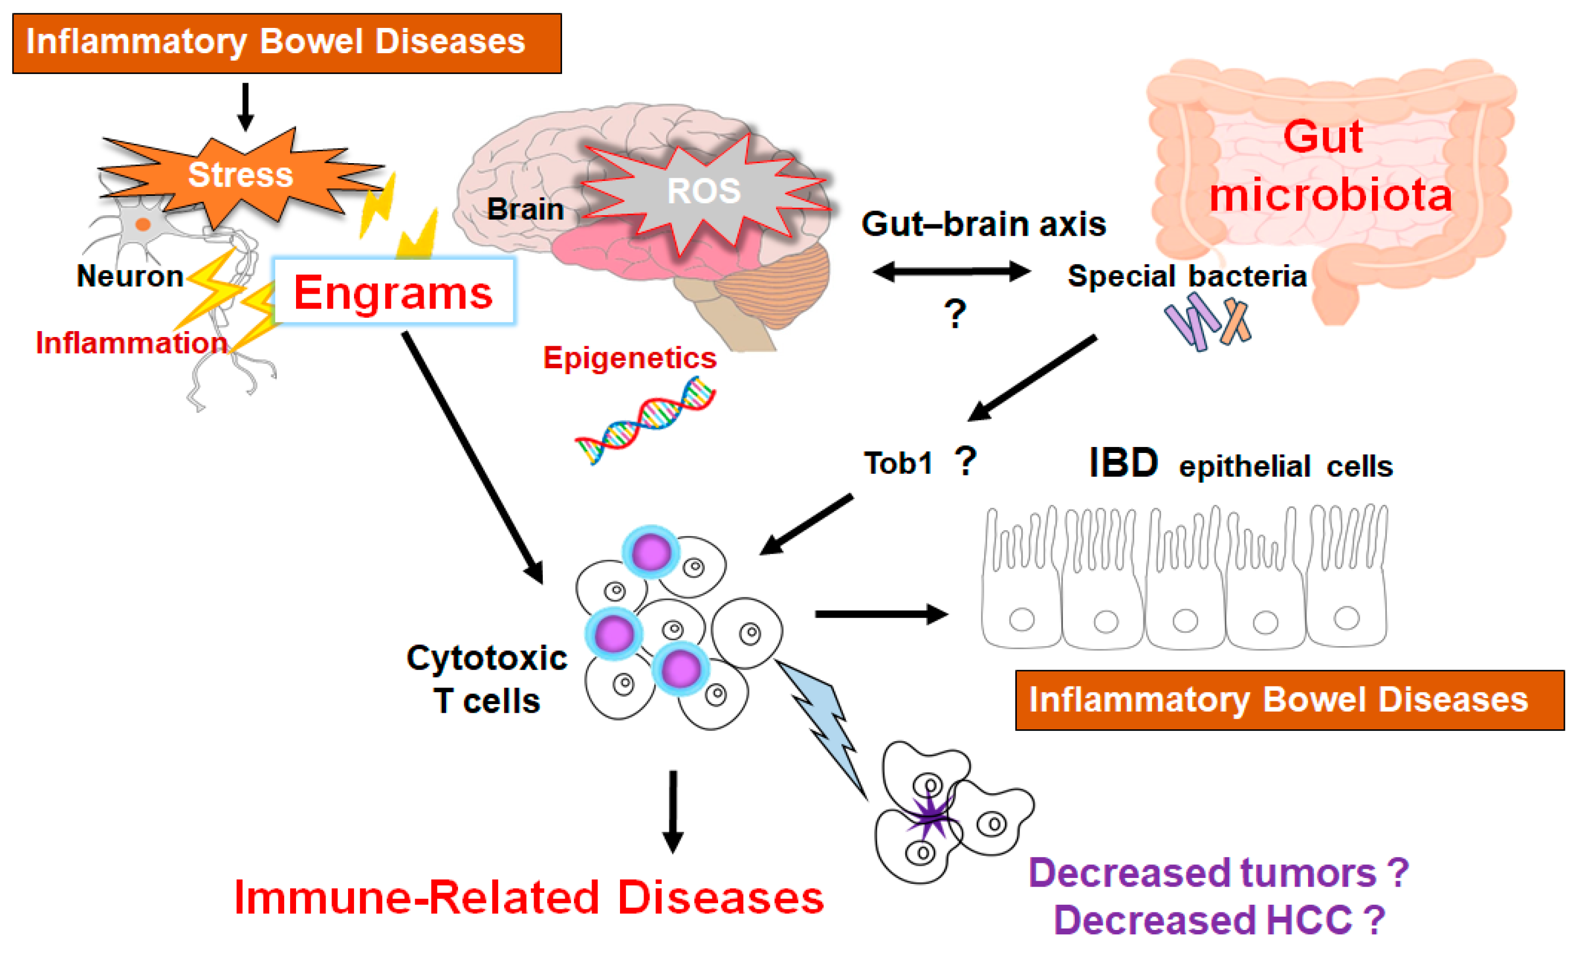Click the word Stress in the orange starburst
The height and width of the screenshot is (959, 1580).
click(x=240, y=174)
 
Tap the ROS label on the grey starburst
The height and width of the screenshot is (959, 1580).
click(x=704, y=191)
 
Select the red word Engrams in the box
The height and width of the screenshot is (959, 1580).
click(x=393, y=292)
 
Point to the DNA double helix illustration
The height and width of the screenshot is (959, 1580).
click(x=645, y=420)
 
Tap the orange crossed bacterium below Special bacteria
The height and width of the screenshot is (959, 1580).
click(x=1235, y=321)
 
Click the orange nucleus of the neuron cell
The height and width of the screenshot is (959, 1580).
click(x=143, y=224)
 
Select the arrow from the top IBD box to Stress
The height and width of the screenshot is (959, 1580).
click(x=245, y=106)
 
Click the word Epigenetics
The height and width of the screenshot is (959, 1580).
click(x=629, y=357)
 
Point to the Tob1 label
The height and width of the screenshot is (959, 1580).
click(x=898, y=463)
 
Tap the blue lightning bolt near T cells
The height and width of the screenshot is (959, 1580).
click(x=824, y=725)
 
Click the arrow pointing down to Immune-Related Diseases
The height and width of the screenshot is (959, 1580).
click(x=673, y=811)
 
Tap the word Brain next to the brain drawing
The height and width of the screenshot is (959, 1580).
click(x=525, y=209)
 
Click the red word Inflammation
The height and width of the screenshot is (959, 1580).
click(x=131, y=342)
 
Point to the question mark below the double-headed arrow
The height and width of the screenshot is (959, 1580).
click(x=955, y=314)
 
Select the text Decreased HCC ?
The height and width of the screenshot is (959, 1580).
click(x=1219, y=920)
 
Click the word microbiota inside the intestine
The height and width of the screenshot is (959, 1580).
click(x=1331, y=194)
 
